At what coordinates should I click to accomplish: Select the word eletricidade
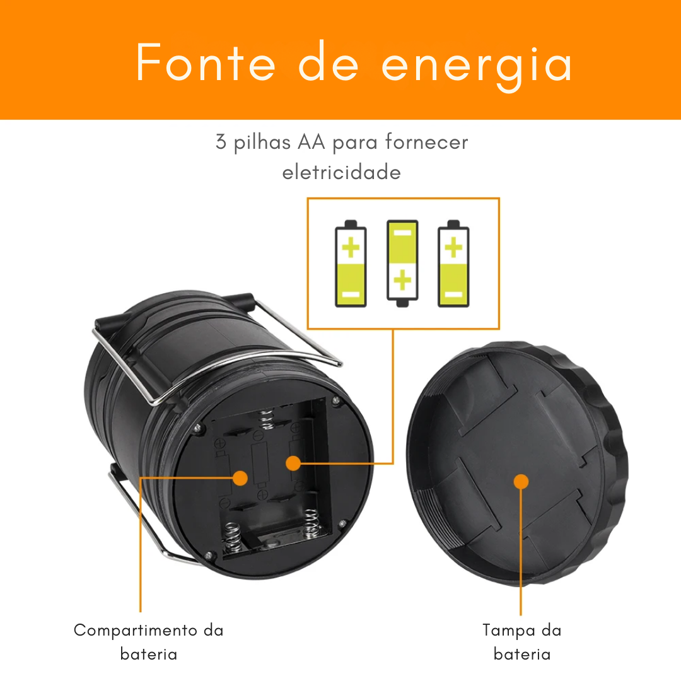tap(341, 172)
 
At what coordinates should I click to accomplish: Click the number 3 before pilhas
tap(221, 143)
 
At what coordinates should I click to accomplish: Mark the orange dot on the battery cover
tap(521, 482)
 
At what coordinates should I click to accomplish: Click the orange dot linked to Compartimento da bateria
tap(240, 477)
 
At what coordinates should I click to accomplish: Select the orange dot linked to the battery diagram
tap(292, 463)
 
